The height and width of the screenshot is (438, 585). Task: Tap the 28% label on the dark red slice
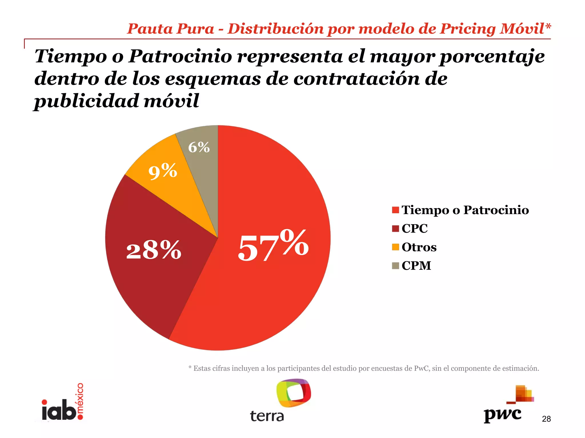154,250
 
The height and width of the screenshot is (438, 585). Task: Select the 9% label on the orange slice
163,171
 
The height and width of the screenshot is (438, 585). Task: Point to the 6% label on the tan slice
199,147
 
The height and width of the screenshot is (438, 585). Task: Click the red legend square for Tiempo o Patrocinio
395,210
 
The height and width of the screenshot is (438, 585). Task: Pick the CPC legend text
414,228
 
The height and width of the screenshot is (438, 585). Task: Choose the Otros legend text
419,247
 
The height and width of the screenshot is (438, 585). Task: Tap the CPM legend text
416,265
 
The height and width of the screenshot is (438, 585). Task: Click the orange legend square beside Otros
395,247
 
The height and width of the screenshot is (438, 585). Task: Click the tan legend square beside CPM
395,265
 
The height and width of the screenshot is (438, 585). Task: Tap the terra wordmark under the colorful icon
267,416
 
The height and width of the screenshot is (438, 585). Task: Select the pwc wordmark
502,415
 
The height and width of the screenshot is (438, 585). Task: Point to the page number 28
546,419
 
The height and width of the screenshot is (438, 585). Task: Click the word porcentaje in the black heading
492,56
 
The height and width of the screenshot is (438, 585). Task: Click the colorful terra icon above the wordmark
293,393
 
